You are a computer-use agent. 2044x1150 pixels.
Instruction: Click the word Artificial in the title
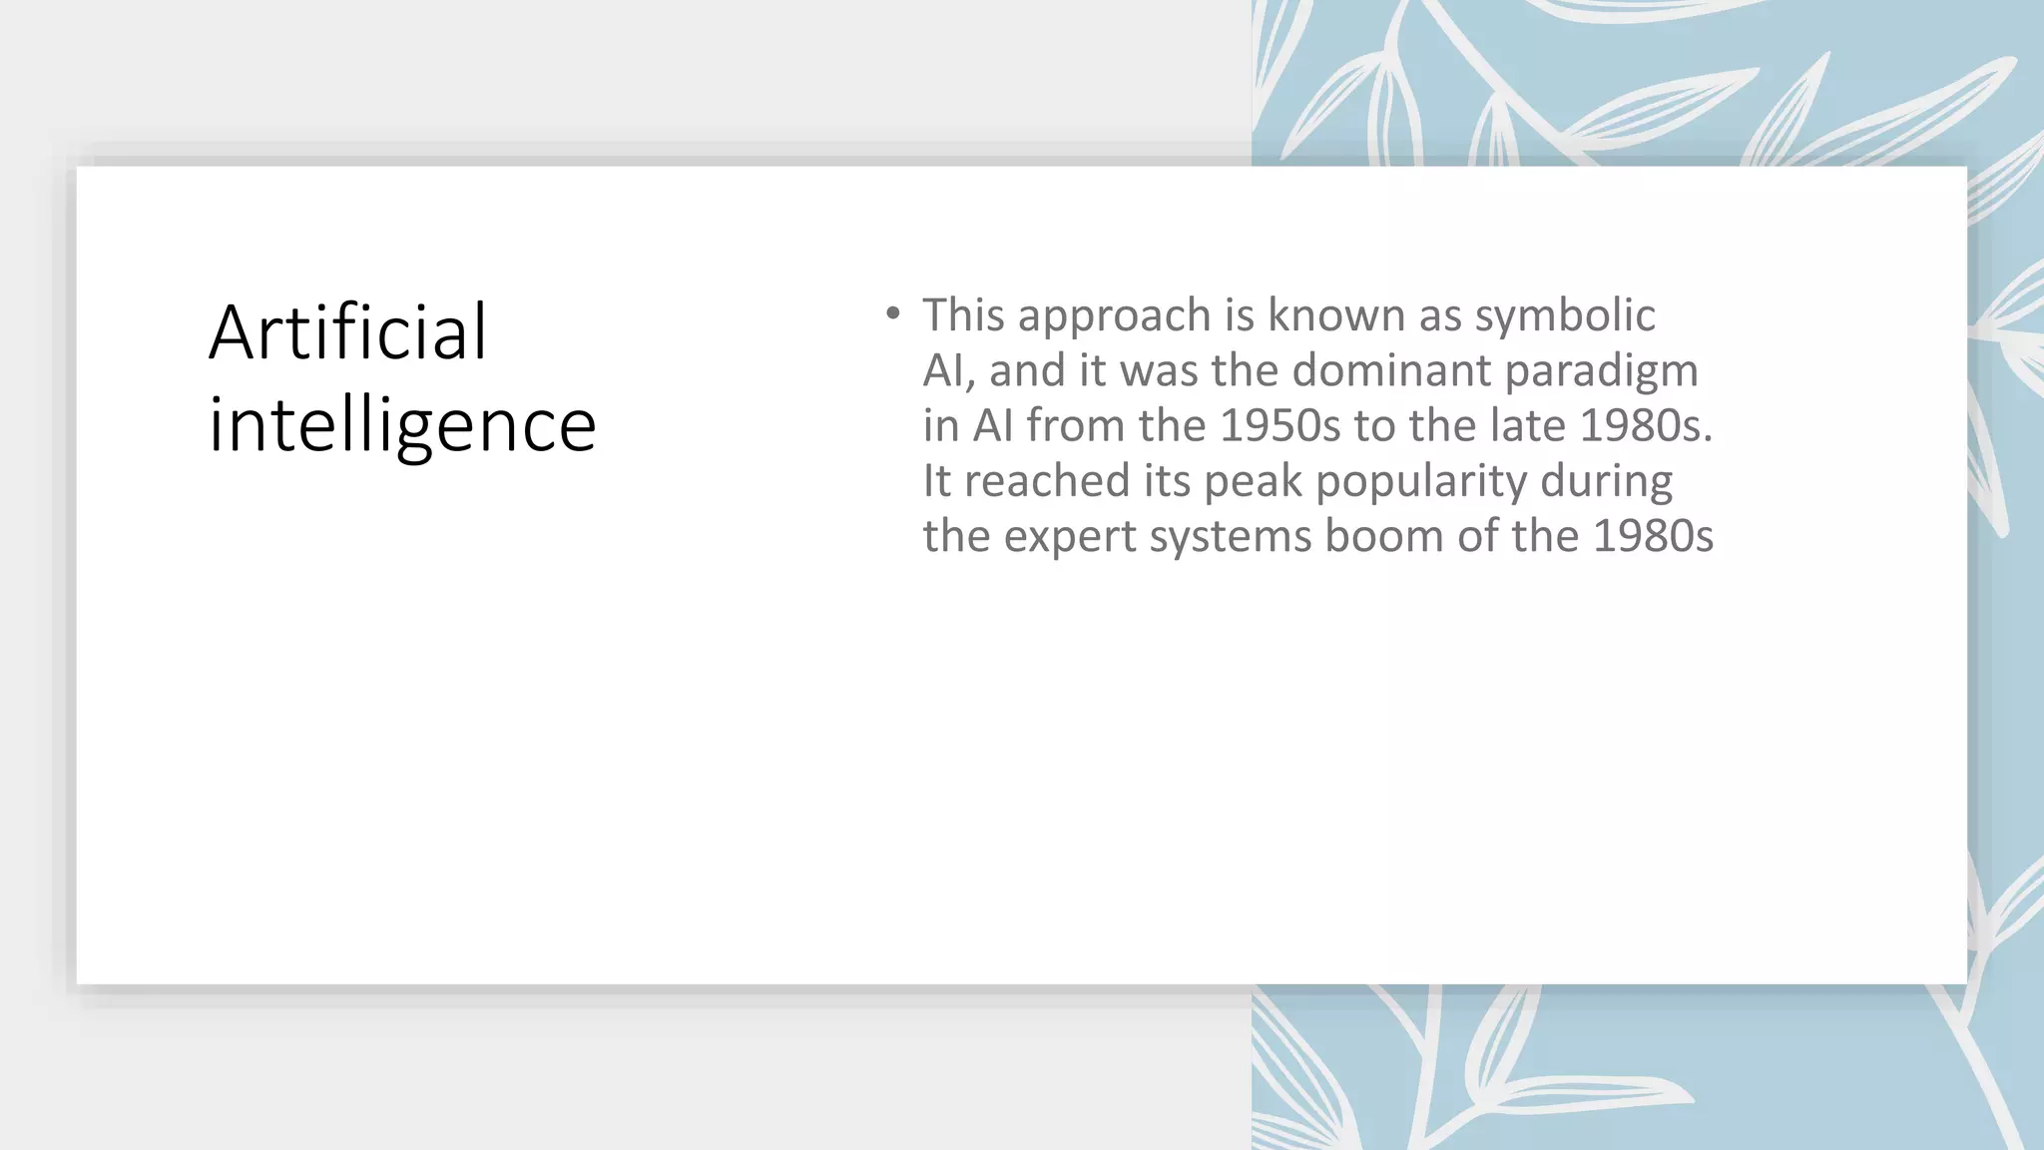(348, 332)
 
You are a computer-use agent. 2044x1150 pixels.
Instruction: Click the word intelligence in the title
(402, 426)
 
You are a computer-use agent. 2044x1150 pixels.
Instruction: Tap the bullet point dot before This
(892, 314)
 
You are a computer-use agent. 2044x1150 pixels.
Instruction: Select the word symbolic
(1564, 316)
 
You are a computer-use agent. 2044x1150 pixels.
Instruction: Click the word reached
(1046, 482)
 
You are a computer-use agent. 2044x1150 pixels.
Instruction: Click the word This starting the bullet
(963, 316)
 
